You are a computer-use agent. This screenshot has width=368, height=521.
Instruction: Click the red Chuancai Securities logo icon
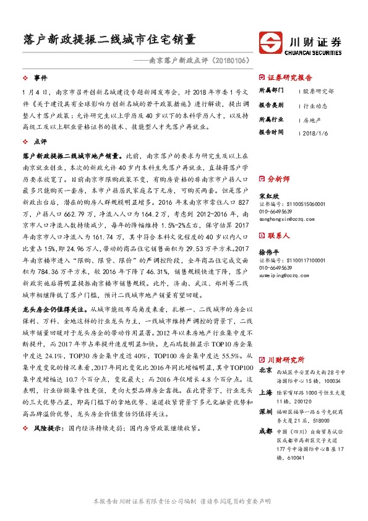pos(271,44)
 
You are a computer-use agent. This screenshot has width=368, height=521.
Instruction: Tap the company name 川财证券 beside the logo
pos(315,41)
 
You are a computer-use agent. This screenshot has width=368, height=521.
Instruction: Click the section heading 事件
pos(40,78)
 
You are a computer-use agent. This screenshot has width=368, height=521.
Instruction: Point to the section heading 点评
pos(40,142)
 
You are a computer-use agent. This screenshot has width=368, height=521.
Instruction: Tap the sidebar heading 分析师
pos(278,178)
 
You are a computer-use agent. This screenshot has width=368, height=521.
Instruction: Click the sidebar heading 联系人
pos(278,236)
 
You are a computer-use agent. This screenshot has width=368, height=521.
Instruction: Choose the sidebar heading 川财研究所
pos(285,359)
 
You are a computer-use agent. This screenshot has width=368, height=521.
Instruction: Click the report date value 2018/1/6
pos(316,132)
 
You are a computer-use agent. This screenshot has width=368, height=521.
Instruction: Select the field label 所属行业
pos(270,118)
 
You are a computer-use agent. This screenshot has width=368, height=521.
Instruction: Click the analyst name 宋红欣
pos(267,193)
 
